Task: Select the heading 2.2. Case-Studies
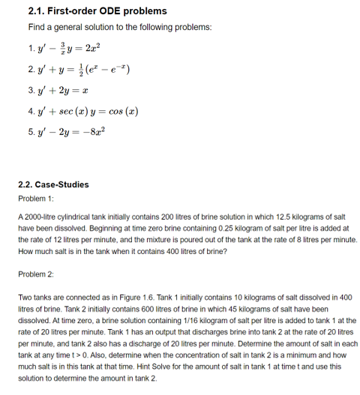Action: pyautogui.click(x=52, y=184)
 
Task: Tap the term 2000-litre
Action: pyautogui.click(x=40, y=216)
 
